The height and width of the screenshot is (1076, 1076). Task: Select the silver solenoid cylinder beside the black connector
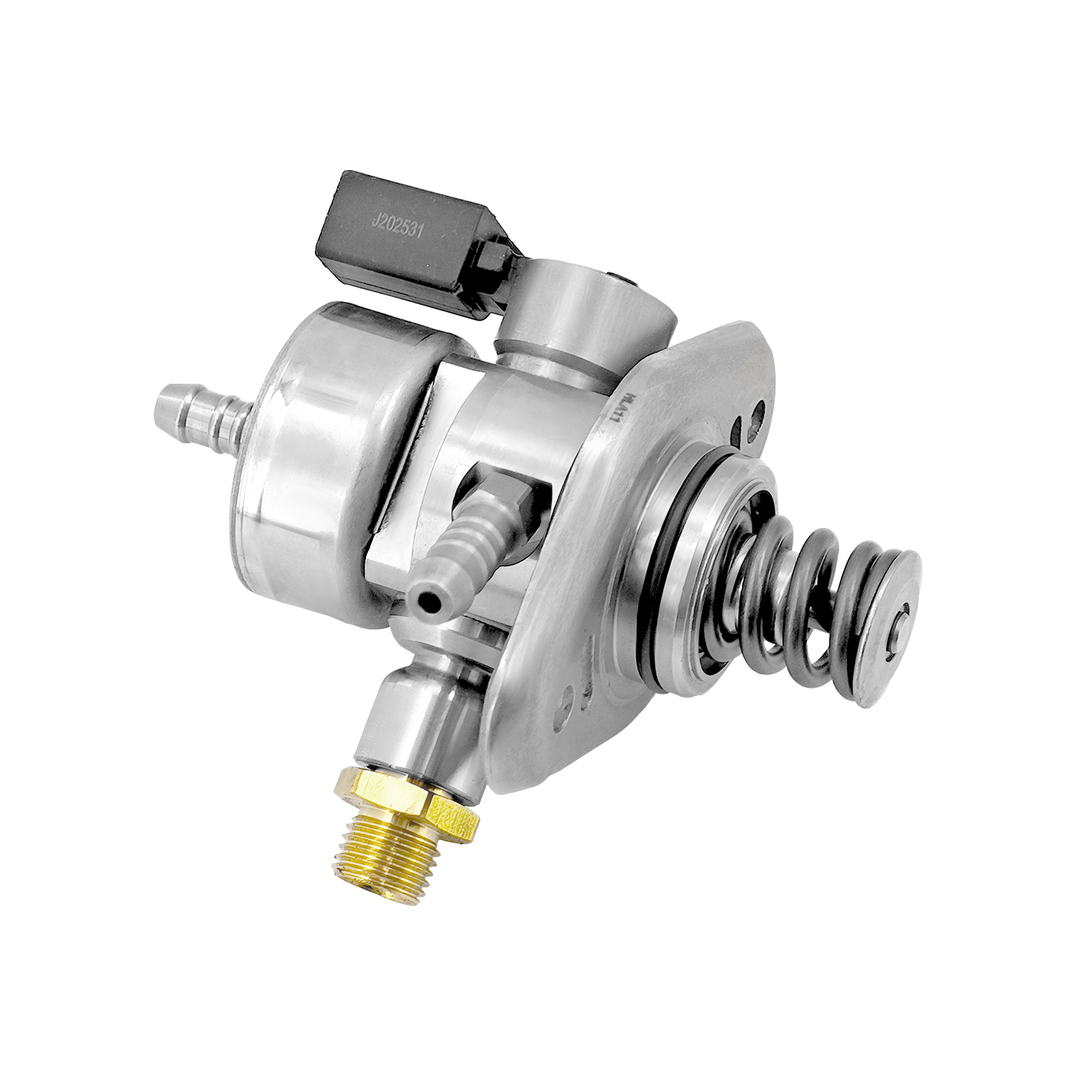(x=574, y=308)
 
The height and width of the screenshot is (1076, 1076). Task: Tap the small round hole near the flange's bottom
(x=568, y=694)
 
